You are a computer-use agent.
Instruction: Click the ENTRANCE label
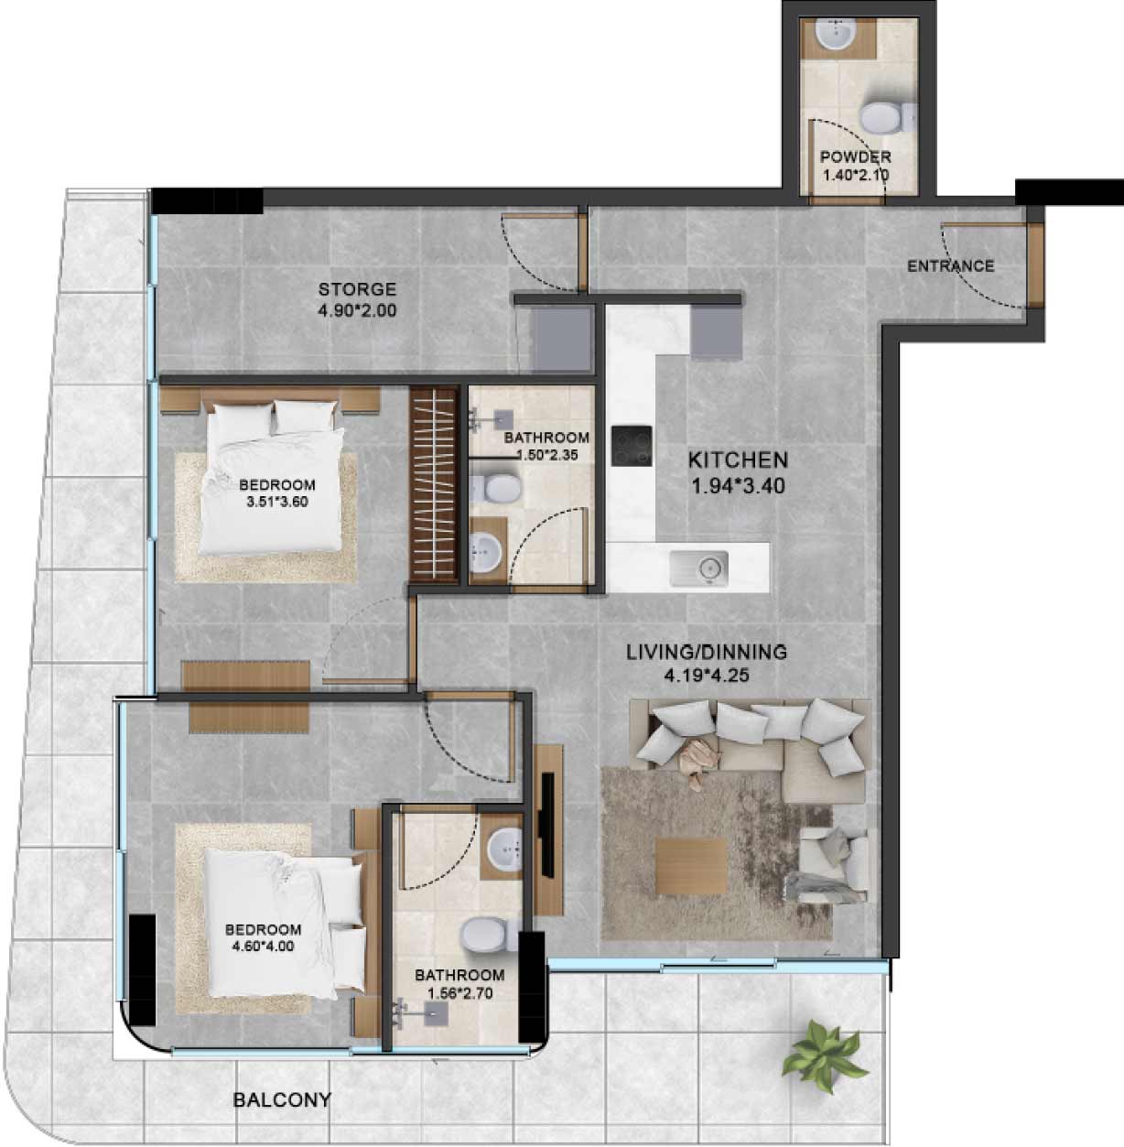951,265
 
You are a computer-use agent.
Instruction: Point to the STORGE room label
357,289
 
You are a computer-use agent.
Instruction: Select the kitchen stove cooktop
632,446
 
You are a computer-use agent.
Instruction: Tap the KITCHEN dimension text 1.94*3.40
739,486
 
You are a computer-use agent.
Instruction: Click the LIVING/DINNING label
707,652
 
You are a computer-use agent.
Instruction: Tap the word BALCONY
282,1099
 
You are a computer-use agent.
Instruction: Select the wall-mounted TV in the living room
546,824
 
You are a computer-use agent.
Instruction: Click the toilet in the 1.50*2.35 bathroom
495,489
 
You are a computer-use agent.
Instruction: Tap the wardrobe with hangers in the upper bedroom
434,484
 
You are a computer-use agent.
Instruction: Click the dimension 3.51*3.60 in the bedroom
276,502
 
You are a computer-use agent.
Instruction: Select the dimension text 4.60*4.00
263,946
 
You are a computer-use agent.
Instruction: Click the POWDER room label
856,157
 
